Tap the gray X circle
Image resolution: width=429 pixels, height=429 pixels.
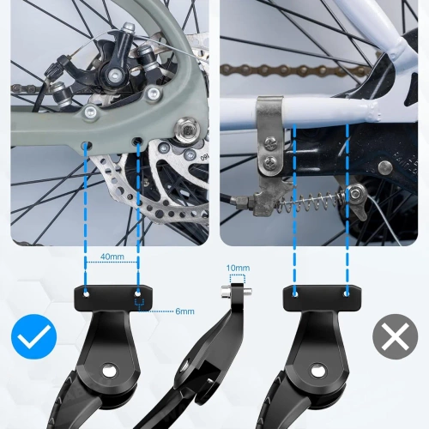pyautogui.click(x=396, y=338)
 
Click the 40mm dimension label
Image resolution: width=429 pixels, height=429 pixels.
pyautogui.click(x=112, y=257)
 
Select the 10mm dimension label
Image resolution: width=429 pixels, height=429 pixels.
pyautogui.click(x=239, y=268)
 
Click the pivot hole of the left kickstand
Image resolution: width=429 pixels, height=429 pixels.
pyautogui.click(x=109, y=371)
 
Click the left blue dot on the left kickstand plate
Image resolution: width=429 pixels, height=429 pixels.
pyautogui.click(x=86, y=293)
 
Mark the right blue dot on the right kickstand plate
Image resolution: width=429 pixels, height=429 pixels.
pyautogui.click(x=347, y=293)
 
